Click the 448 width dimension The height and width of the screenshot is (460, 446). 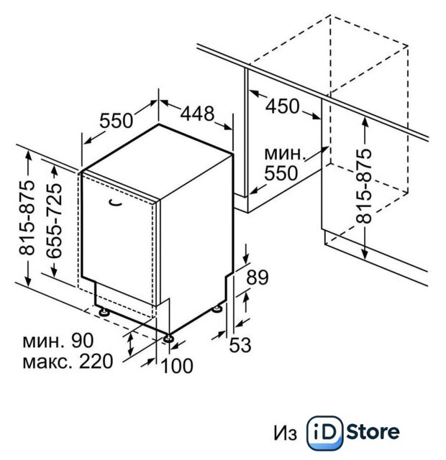pos(197,114)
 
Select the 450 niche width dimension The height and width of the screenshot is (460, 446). pos(282,106)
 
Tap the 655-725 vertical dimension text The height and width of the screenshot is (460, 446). pos(55,221)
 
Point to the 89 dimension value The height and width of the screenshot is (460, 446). pos(258,277)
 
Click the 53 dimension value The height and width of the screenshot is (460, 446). pos(240,345)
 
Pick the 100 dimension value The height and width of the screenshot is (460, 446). pos(177,366)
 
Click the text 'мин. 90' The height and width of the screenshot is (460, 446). pos(58,340)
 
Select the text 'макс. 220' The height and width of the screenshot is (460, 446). pos(68,361)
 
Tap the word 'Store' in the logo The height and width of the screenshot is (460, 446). pos(373,432)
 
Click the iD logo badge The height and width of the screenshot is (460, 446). pos(324,433)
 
